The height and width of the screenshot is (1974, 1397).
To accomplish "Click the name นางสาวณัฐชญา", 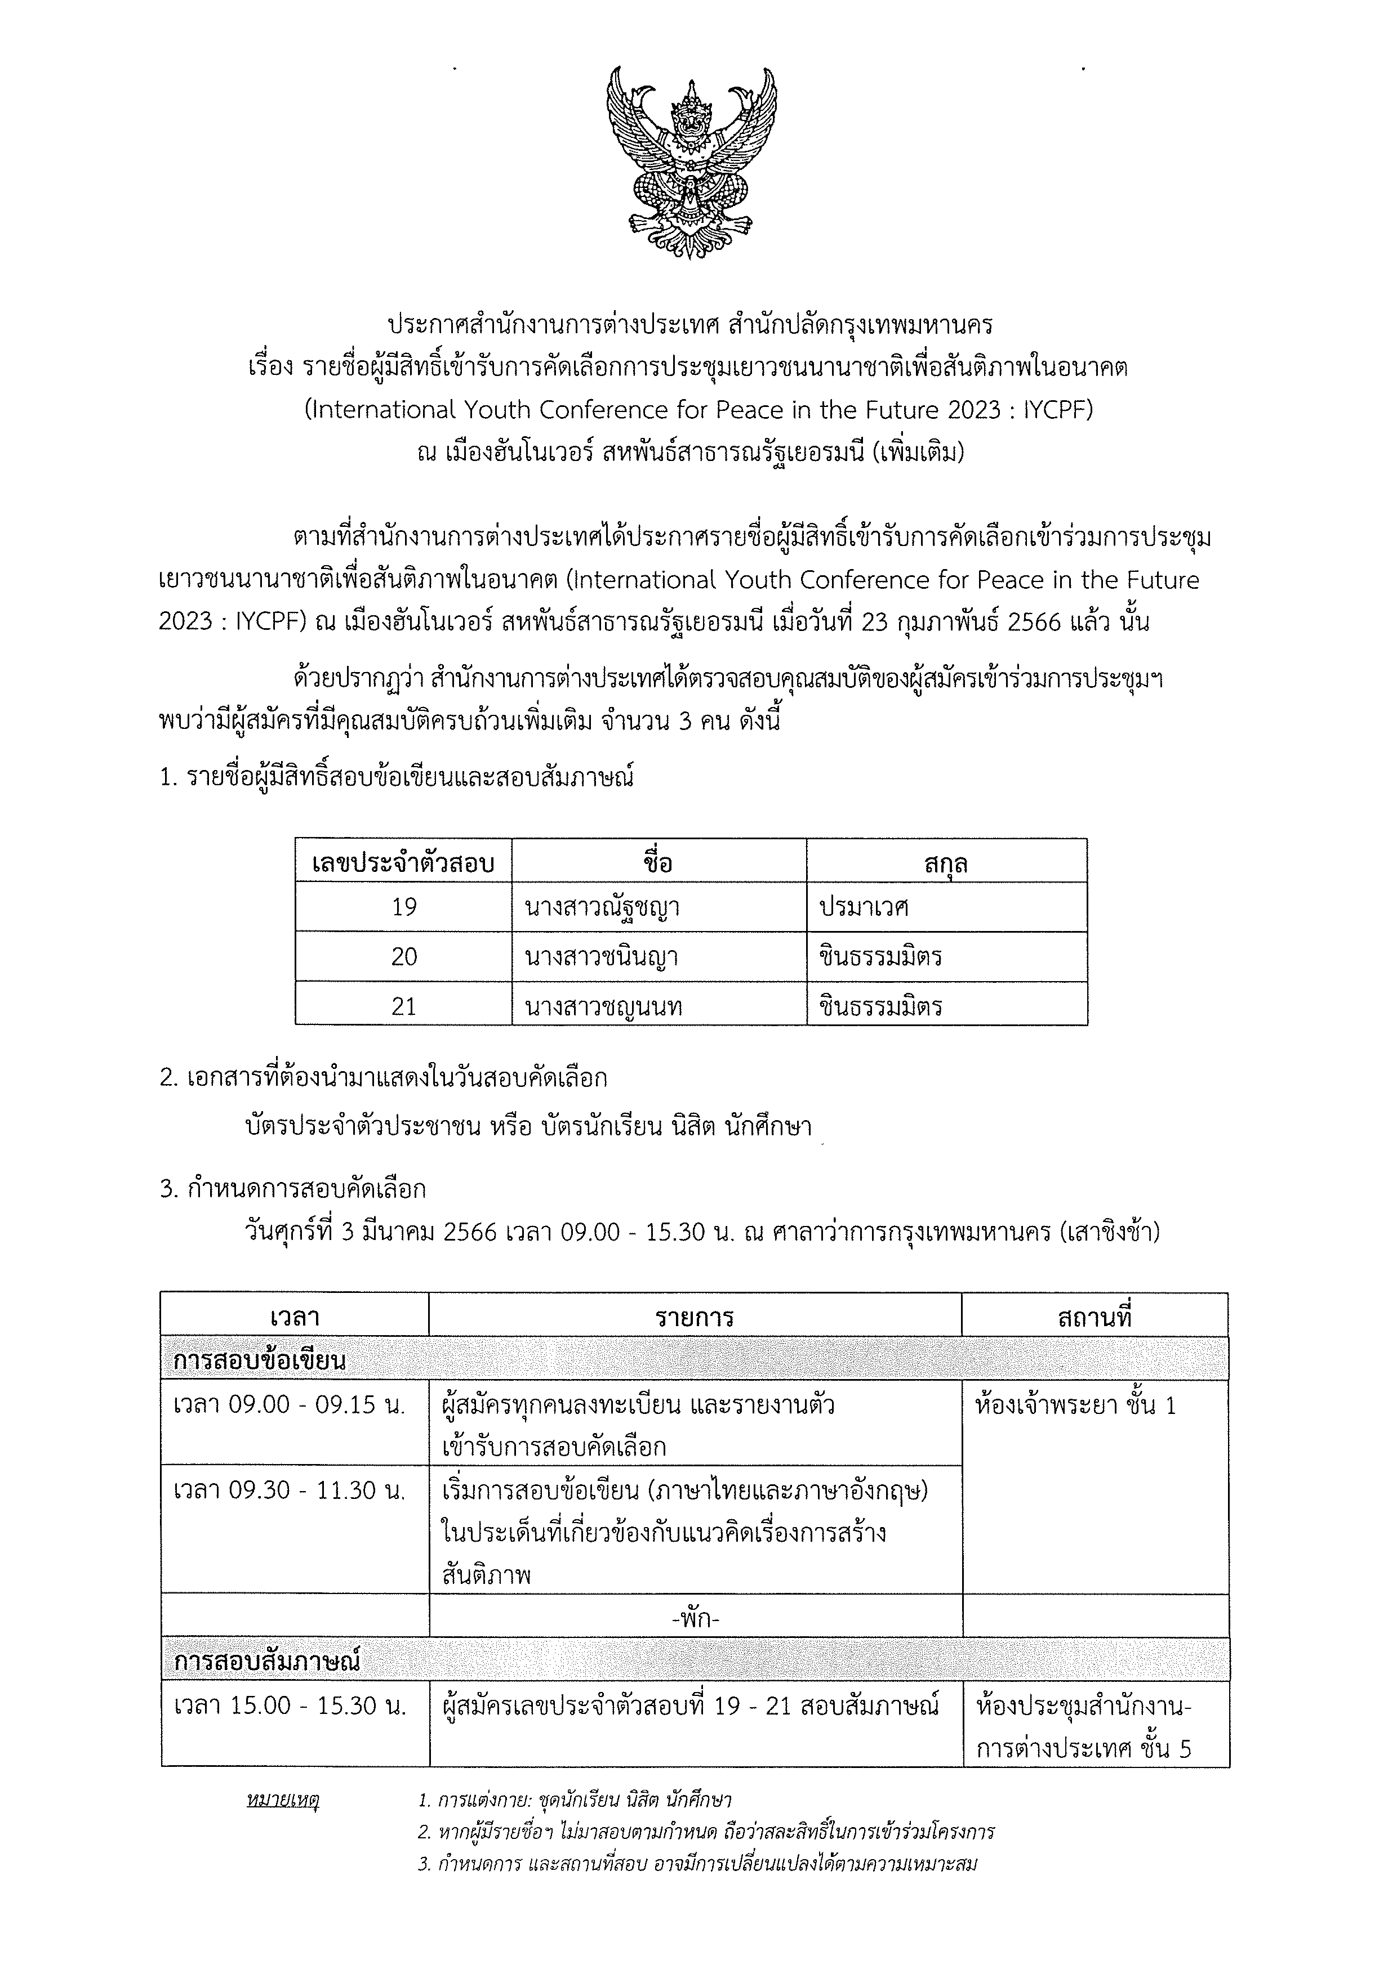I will pyautogui.click(x=602, y=907).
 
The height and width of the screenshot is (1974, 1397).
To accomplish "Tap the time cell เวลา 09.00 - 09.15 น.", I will pyautogui.click(x=289, y=1405).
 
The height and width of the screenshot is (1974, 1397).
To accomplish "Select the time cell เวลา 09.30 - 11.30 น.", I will pyautogui.click(x=289, y=1490).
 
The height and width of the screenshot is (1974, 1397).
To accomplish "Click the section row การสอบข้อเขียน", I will pyautogui.click(x=260, y=1361).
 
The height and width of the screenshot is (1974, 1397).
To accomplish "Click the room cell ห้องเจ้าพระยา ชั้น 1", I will pyautogui.click(x=1075, y=1405).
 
